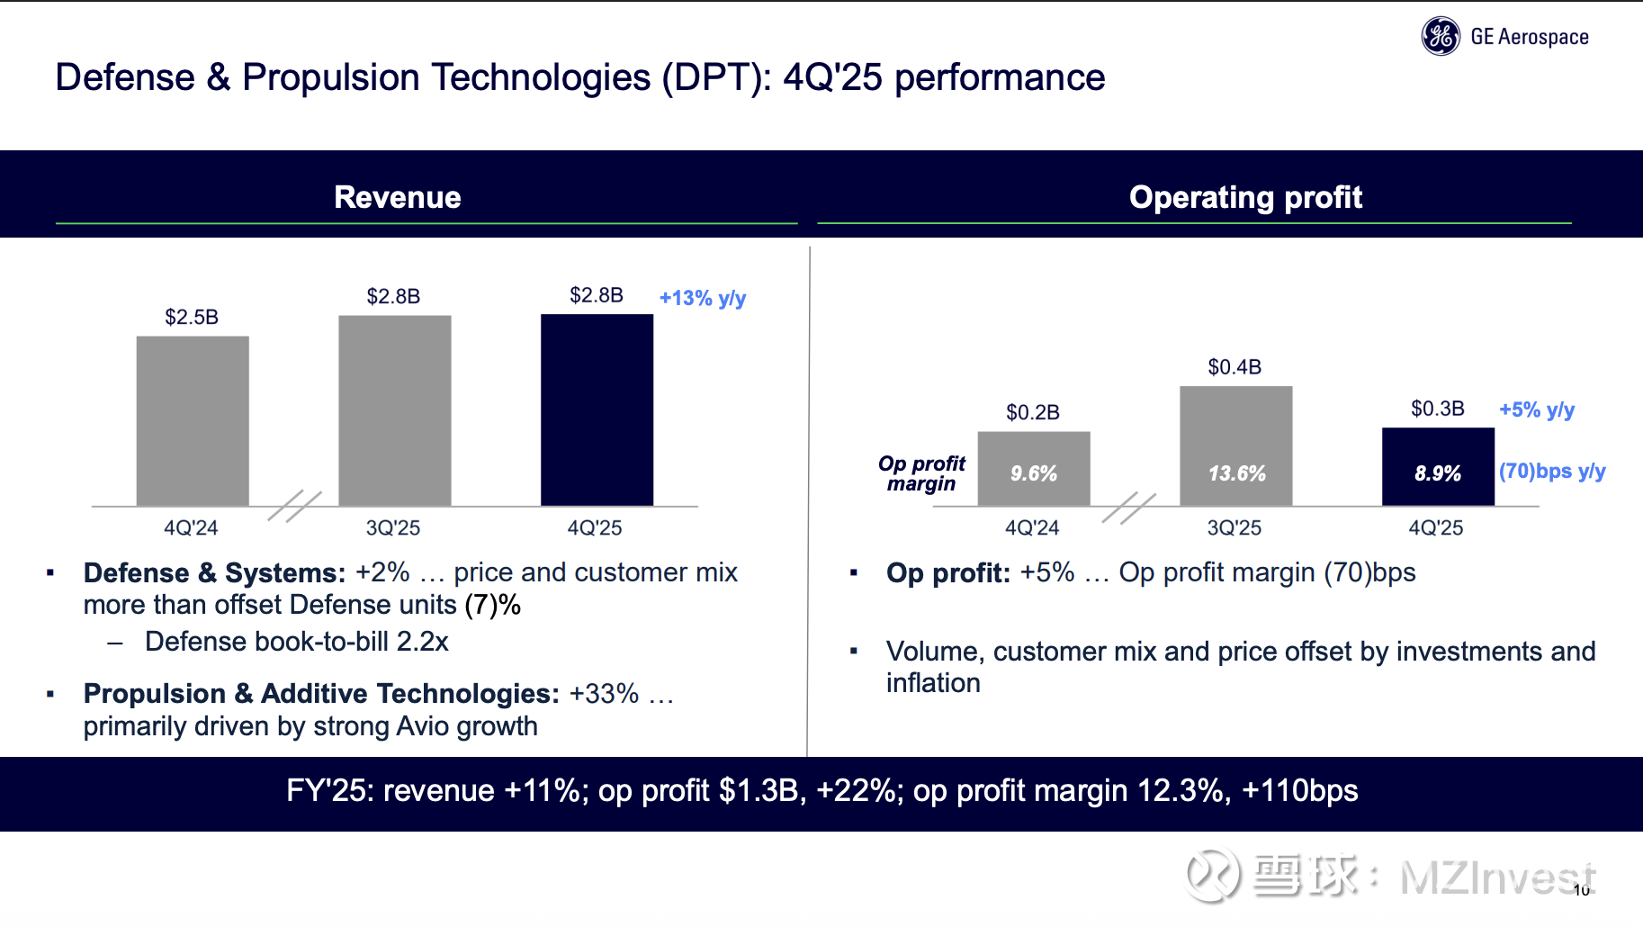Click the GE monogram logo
tap(1441, 37)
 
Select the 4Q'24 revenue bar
tap(193, 420)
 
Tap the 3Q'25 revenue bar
tap(394, 410)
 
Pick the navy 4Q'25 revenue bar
tap(597, 409)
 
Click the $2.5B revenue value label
tap(192, 317)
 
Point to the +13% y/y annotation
tap(703, 298)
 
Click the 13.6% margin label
tap(1236, 473)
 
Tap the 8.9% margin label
tap(1438, 473)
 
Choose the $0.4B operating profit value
tap(1234, 367)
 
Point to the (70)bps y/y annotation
tap(1552, 471)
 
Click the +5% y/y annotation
tap(1537, 409)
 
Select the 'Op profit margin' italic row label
tap(921, 473)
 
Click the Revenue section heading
tap(397, 197)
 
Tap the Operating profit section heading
tap(1245, 197)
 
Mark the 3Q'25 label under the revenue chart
tap(393, 528)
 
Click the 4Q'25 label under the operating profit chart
tap(1436, 528)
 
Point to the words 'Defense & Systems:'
tap(214, 572)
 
